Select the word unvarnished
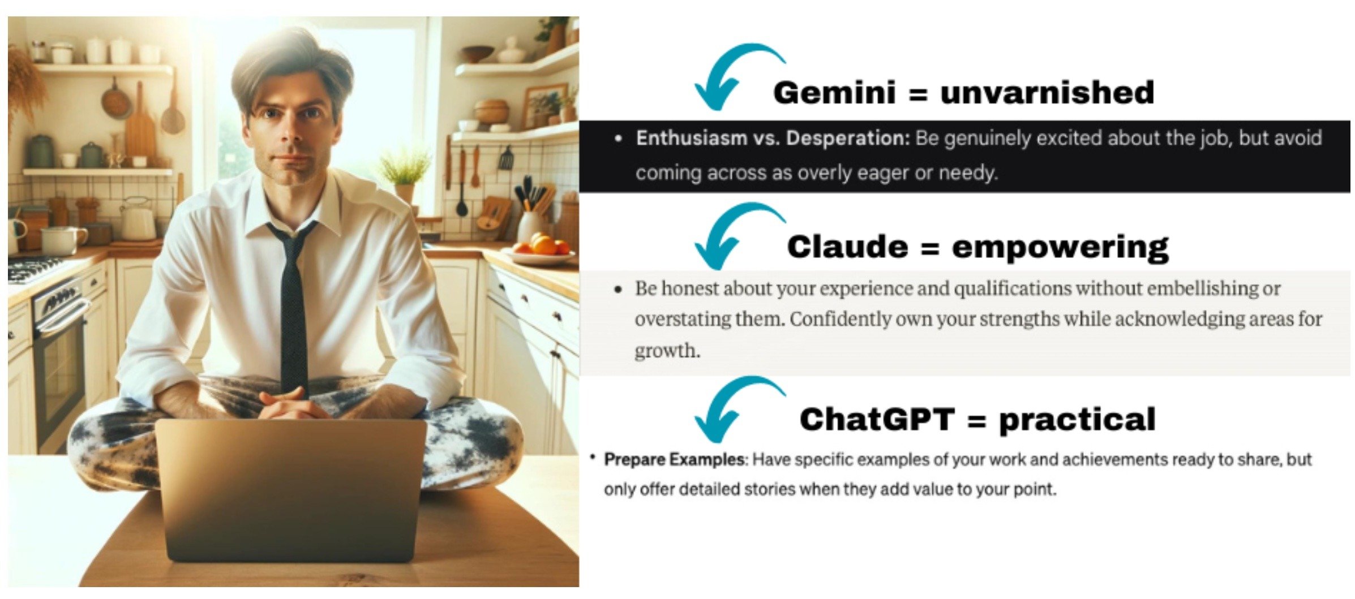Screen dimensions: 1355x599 [1047, 92]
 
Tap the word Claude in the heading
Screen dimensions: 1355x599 [847, 247]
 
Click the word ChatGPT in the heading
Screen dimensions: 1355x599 [877, 419]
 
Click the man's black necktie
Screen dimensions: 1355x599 [291, 308]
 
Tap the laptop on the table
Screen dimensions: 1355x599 [290, 490]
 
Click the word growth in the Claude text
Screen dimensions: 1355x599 [667, 351]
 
